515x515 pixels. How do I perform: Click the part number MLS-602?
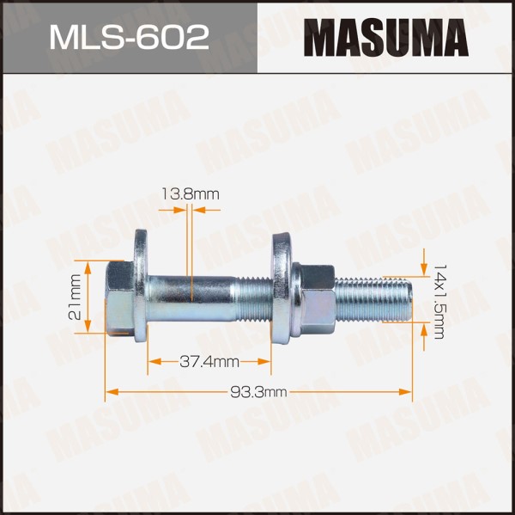[x=129, y=38]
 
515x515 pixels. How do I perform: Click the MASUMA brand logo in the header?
[x=386, y=38]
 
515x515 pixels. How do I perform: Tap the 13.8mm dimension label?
[x=191, y=194]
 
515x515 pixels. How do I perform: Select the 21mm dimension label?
[x=75, y=297]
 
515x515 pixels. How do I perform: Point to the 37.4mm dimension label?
[x=209, y=362]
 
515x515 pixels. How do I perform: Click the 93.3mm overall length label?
[x=258, y=392]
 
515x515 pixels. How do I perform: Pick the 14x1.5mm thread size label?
[x=439, y=301]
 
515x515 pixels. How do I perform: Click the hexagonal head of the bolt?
[x=120, y=297]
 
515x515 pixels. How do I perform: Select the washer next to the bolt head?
[x=141, y=285]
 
